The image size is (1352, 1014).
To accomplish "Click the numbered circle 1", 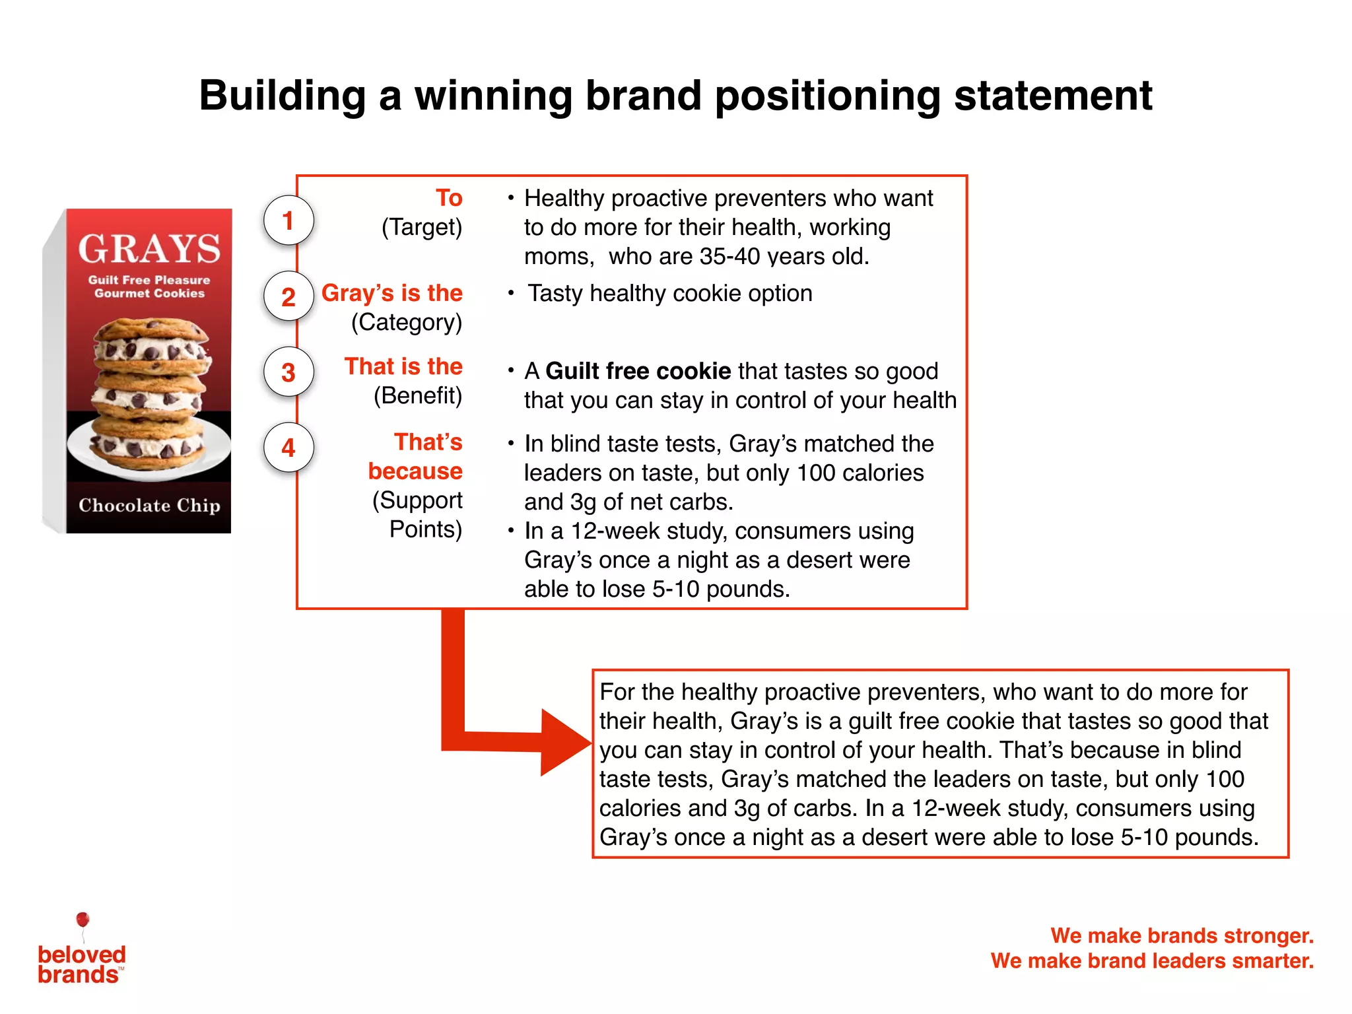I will [288, 220].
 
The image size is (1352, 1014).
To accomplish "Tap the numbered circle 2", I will [288, 296].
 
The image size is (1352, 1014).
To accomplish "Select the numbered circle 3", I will [288, 372].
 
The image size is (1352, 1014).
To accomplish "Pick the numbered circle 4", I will [288, 448].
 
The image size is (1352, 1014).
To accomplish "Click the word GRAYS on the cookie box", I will [149, 249].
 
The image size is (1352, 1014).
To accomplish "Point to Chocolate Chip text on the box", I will [149, 505].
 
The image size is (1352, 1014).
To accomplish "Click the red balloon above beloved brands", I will [83, 919].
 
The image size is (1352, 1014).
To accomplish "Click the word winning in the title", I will [493, 95].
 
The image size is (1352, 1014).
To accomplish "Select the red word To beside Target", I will [449, 197].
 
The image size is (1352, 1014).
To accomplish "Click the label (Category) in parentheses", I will [407, 322].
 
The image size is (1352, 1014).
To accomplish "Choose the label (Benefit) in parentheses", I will [418, 395].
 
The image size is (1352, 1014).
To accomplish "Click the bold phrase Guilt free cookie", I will [638, 371].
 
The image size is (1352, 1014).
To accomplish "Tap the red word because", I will [415, 471].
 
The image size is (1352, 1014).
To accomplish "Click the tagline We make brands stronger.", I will [1182, 935].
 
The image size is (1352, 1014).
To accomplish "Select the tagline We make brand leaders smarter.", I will [1152, 961].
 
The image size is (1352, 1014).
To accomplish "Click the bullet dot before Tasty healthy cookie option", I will [510, 292].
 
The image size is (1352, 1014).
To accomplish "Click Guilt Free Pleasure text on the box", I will [149, 280].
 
